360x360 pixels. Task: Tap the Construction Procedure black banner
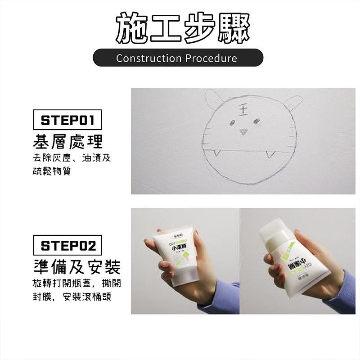pyautogui.click(x=178, y=58)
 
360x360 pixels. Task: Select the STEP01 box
pyautogui.click(x=67, y=120)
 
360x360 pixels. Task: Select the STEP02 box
pyautogui.click(x=67, y=246)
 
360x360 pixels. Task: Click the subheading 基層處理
pyautogui.click(x=68, y=141)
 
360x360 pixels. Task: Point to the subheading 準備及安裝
pyautogui.click(x=77, y=267)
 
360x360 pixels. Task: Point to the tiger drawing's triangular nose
pyautogui.click(x=243, y=131)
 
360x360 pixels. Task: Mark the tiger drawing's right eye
pyautogui.click(x=256, y=120)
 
